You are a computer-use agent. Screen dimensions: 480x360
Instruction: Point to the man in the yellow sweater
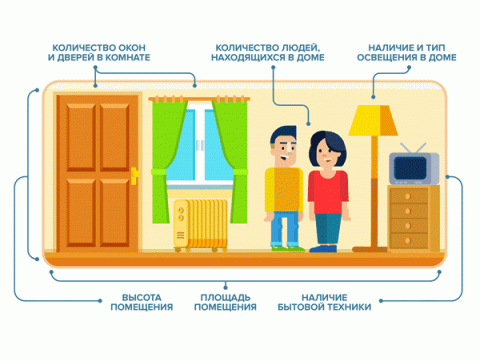pos(283,190)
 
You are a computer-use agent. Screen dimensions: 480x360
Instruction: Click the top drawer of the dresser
pos(412,195)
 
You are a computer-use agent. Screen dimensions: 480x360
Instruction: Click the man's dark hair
pos(284,136)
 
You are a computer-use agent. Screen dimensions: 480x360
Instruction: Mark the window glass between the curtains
pos(206,145)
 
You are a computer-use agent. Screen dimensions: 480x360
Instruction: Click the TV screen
pos(409,169)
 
